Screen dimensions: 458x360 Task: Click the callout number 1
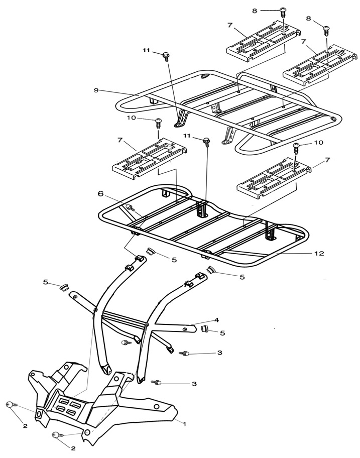coord(184,424)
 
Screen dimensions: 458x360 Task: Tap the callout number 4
coord(216,319)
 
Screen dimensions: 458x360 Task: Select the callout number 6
coord(100,193)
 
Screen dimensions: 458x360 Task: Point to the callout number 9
coord(95,90)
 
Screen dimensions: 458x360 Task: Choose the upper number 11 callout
coord(146,51)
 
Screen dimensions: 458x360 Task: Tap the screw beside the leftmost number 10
coord(159,121)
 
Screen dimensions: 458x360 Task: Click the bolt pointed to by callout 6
coord(130,206)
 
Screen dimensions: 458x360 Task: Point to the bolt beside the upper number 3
coord(185,355)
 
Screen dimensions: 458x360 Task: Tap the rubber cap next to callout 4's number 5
coord(204,329)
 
